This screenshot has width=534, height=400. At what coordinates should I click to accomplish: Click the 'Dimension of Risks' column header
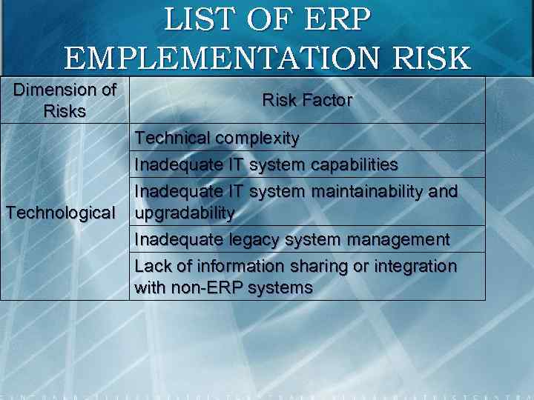click(65, 101)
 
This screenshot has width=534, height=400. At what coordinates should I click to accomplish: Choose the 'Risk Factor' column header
click(307, 100)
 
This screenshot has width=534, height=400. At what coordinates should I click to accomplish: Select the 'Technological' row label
click(61, 213)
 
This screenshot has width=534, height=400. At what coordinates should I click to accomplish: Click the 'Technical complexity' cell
click(217, 138)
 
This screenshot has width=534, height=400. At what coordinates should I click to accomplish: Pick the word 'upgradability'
click(185, 213)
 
